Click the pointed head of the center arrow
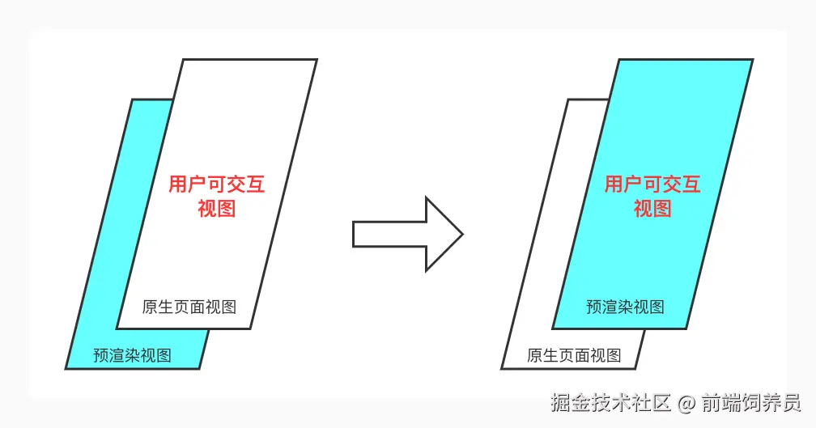pos(444,235)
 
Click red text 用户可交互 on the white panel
pos(217,184)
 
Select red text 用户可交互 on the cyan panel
pos(652,184)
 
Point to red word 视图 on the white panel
pos(217,209)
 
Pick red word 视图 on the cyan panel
pos(652,209)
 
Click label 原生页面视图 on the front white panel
pos(189,307)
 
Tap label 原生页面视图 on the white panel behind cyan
pos(574,355)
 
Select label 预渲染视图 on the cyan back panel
pos(133,355)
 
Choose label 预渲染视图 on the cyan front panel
pos(625,307)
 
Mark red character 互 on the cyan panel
pos(691,184)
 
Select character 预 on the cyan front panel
pos(594,307)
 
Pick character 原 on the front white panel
pos(151,307)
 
